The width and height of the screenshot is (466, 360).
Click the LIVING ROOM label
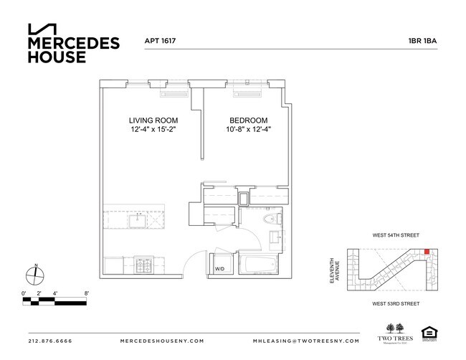[153, 120]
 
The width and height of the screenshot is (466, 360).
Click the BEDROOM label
[249, 120]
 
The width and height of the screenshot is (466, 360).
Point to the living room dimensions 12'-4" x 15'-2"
[153, 130]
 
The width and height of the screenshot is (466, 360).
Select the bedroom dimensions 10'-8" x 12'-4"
[249, 130]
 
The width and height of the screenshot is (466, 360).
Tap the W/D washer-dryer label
[219, 270]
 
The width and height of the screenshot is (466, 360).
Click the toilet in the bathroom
[270, 220]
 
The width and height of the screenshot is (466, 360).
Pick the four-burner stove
[142, 267]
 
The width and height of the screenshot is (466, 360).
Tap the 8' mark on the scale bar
[86, 293]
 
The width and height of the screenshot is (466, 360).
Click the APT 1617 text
[161, 41]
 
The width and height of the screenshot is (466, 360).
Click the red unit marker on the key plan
[426, 251]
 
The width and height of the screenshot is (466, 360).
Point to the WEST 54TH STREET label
[396, 235]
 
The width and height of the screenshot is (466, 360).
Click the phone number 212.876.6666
[52, 341]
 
